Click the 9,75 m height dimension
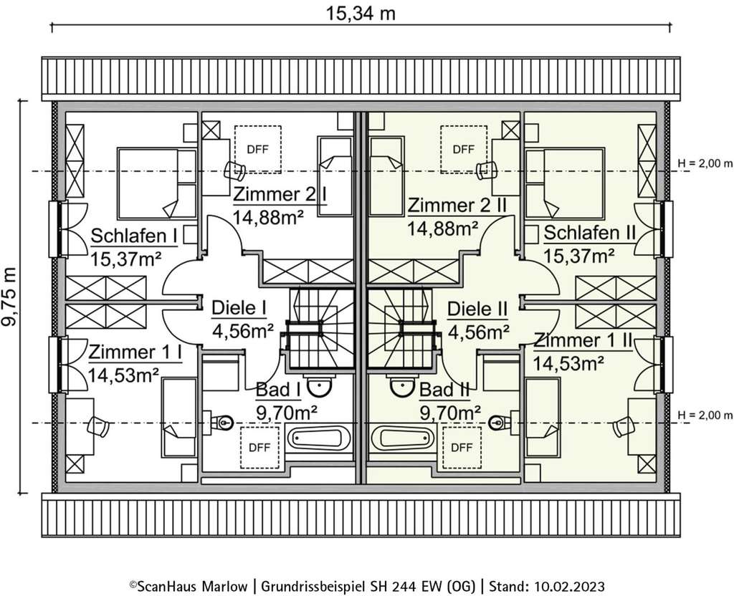pyautogui.click(x=11, y=297)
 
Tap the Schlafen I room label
pyautogui.click(x=134, y=236)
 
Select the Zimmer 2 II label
pyautogui.click(x=457, y=206)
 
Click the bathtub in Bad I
pyautogui.click(x=318, y=438)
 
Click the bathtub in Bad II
pyautogui.click(x=402, y=438)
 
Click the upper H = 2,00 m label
pyautogui.click(x=705, y=164)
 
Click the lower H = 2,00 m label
pyautogui.click(x=705, y=415)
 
